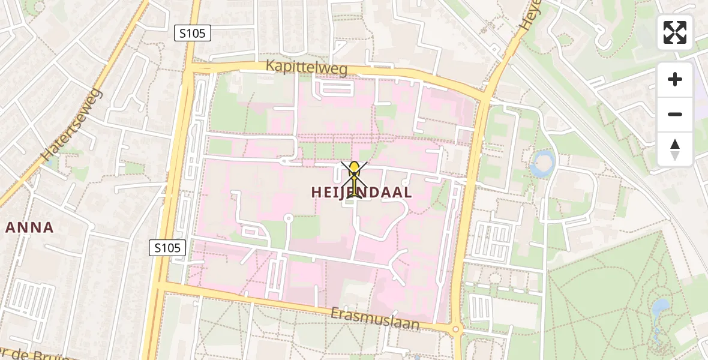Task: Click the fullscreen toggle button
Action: (675, 32)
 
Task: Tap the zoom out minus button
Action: (675, 114)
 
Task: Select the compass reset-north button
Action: (675, 149)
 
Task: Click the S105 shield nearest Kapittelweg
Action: (193, 34)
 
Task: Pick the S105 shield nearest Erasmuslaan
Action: (167, 247)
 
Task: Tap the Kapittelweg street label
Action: (307, 68)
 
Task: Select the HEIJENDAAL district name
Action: (362, 193)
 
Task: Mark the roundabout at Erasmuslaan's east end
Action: (455, 328)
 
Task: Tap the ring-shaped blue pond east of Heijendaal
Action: (544, 162)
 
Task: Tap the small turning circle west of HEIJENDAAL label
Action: (287, 218)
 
